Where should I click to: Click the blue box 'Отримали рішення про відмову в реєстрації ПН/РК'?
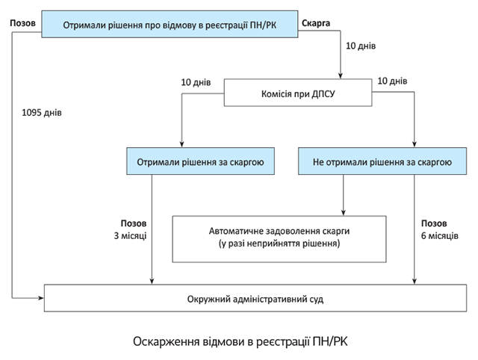168,23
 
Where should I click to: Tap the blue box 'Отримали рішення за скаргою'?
199,161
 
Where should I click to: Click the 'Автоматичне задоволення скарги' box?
279,232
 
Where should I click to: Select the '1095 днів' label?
42,114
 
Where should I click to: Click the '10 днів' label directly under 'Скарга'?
360,46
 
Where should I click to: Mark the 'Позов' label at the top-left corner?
24,23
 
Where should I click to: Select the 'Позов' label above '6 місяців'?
434,223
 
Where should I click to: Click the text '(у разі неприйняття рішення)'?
279,243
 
